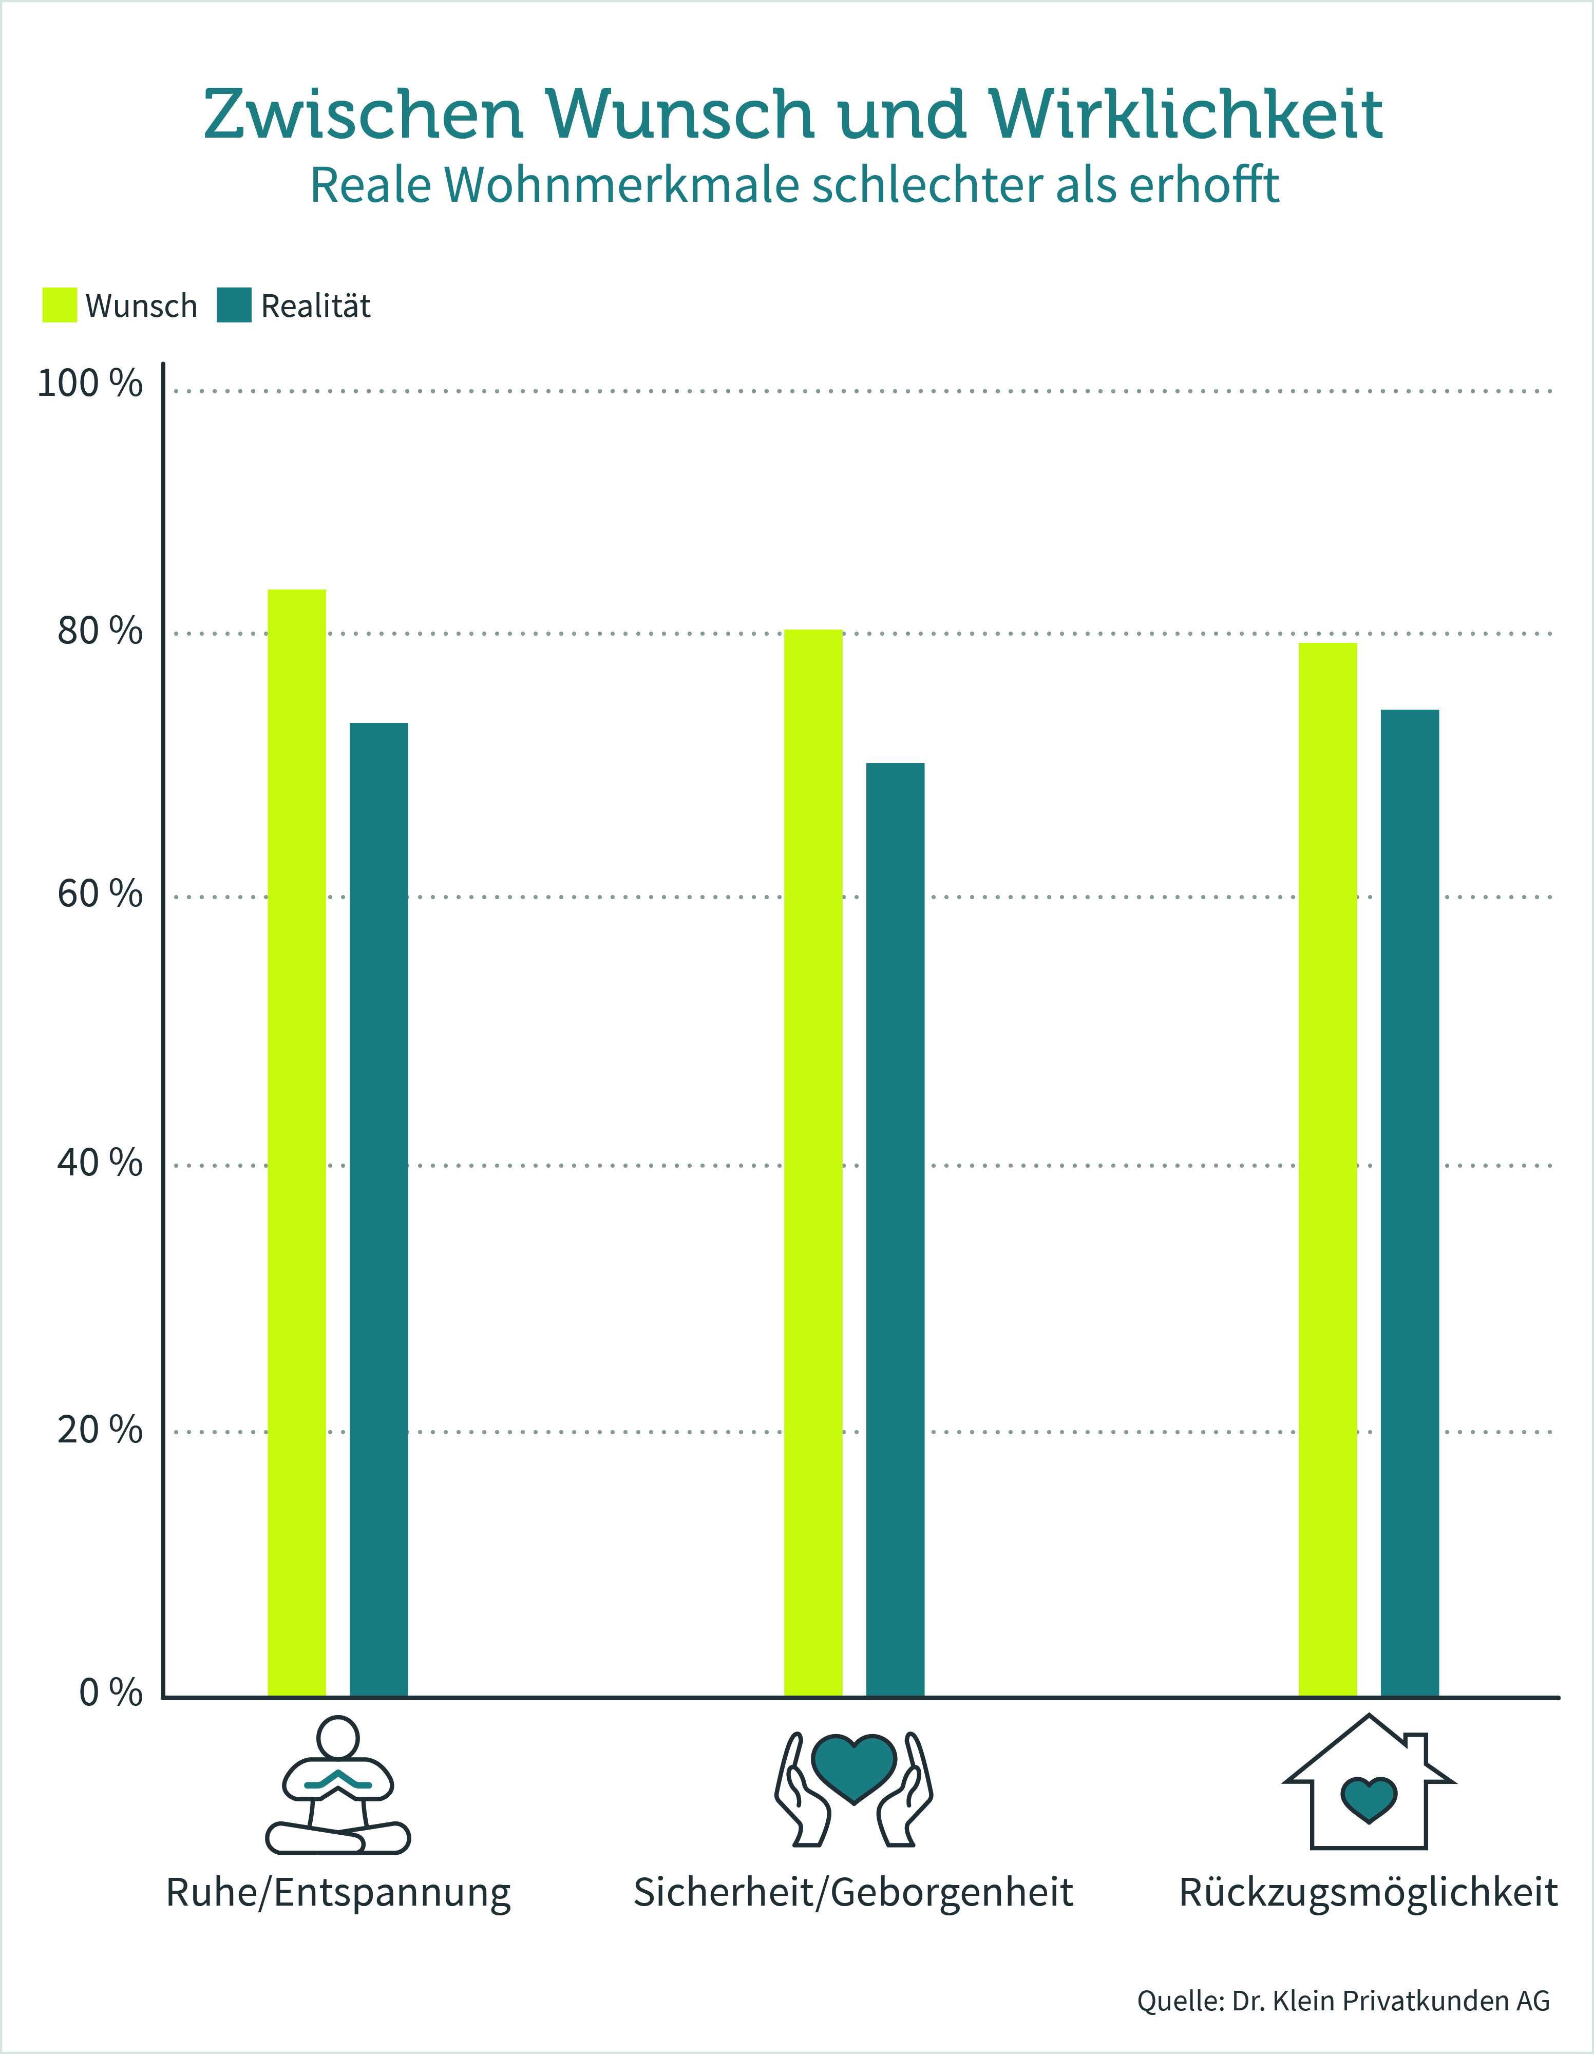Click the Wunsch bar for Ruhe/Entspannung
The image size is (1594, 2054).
click(297, 1143)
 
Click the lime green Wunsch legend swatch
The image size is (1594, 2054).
click(59, 306)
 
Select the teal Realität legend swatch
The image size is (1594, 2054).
click(234, 306)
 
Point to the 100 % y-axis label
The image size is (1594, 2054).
click(89, 384)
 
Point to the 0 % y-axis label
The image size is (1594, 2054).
click(110, 1693)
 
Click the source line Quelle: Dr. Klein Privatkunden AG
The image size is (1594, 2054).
click(1343, 2001)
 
